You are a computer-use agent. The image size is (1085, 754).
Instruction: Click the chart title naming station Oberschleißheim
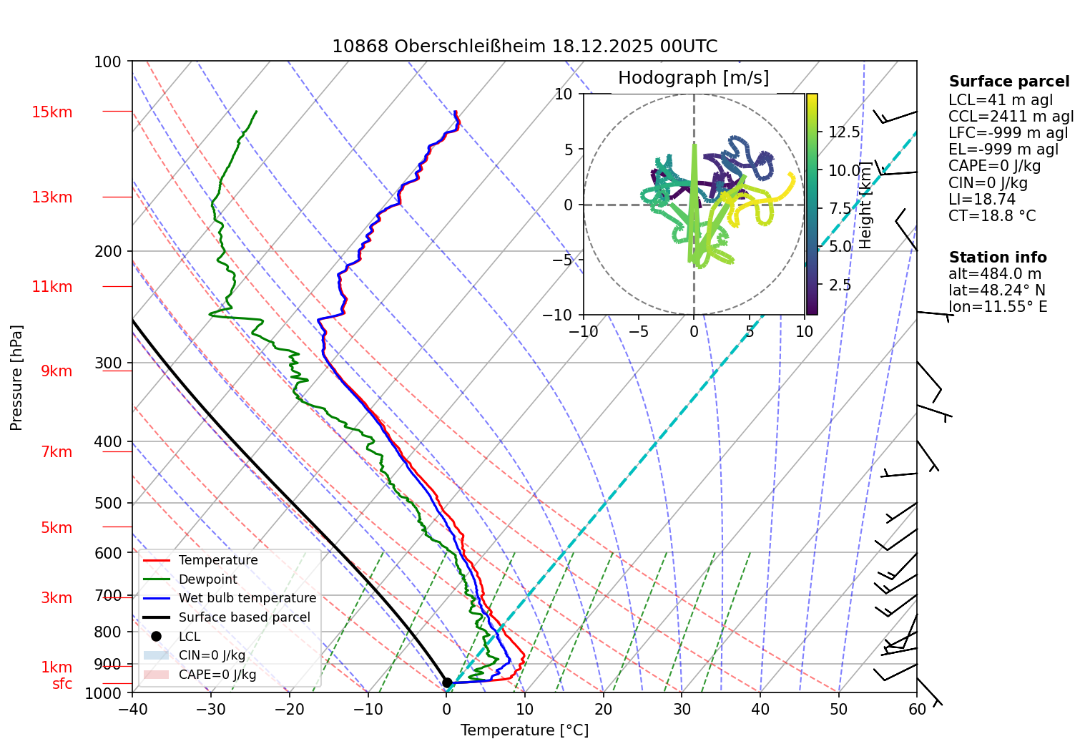pyautogui.click(x=524, y=46)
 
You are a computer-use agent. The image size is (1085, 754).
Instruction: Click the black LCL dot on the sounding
pyautogui.click(x=447, y=682)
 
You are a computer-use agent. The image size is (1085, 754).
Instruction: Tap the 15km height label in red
pyautogui.click(x=51, y=112)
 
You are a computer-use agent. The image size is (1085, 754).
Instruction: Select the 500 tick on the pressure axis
pyautogui.click(x=108, y=503)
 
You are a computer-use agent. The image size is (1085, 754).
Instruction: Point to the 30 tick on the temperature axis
pyautogui.click(x=682, y=709)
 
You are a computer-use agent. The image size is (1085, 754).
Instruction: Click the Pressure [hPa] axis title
pyautogui.click(x=16, y=378)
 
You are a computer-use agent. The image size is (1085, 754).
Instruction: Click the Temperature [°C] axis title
pyautogui.click(x=524, y=730)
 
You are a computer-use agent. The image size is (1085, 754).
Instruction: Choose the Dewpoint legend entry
pyautogui.click(x=207, y=579)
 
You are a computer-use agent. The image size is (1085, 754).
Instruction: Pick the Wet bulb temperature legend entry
pyautogui.click(x=247, y=598)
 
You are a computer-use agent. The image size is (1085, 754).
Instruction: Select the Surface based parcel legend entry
pyautogui.click(x=244, y=617)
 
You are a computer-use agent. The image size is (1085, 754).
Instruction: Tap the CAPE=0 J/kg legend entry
pyautogui.click(x=217, y=675)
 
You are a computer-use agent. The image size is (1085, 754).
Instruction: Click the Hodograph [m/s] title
pyautogui.click(x=693, y=78)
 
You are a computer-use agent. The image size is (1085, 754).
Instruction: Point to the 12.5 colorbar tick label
pyautogui.click(x=844, y=132)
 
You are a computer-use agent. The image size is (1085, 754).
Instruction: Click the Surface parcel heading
pyautogui.click(x=1008, y=82)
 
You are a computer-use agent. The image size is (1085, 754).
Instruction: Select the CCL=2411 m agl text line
pyautogui.click(x=1011, y=117)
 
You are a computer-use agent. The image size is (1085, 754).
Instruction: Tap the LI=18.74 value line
pyautogui.click(x=981, y=200)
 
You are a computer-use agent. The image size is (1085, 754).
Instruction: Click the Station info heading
pyautogui.click(x=997, y=258)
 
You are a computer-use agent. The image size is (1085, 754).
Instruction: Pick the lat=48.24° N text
pyautogui.click(x=996, y=290)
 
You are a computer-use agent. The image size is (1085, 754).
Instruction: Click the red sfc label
pyautogui.click(x=62, y=684)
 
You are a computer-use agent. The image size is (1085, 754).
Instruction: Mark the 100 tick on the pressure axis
pyautogui.click(x=108, y=62)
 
